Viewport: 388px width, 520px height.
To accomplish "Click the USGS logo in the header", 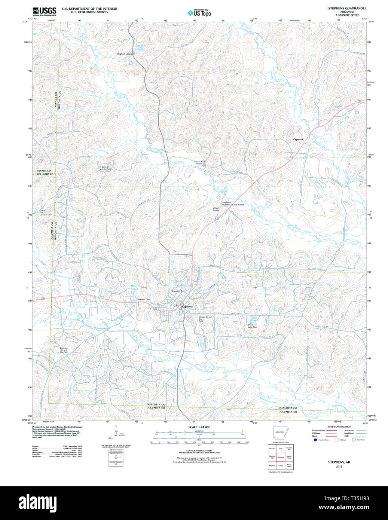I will tap(44, 11).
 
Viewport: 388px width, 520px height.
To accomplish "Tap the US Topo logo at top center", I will tap(199, 13).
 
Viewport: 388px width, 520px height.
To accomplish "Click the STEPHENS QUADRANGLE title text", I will tap(347, 8).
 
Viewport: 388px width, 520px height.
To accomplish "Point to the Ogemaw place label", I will tap(298, 139).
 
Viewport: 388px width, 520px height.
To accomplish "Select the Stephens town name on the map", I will tap(187, 307).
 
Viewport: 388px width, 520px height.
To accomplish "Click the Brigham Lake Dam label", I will tap(126, 54).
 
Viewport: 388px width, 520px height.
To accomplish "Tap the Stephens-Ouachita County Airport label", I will tap(233, 204).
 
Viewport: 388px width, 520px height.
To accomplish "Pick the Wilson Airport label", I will tap(216, 209).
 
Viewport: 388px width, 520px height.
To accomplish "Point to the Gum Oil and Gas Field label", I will tap(105, 168).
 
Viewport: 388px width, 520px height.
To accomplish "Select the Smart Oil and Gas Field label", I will tap(46, 213).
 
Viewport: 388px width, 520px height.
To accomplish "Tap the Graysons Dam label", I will tap(178, 291).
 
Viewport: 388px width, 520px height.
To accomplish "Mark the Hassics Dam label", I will tap(144, 300).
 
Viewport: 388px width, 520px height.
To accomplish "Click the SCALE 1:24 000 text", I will tap(199, 427).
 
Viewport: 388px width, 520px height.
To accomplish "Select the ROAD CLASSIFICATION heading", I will tap(339, 427).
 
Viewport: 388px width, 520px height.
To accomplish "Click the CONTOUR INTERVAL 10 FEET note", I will tap(199, 451).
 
